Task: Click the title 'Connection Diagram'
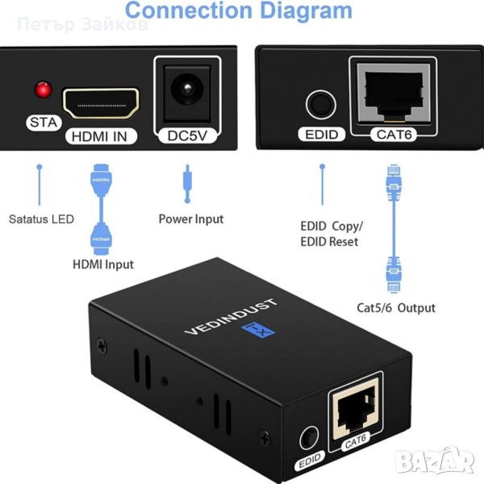(x=239, y=11)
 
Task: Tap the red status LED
(x=40, y=89)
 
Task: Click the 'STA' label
(x=39, y=123)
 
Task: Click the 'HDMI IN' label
(x=100, y=136)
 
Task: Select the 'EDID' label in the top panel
(x=322, y=135)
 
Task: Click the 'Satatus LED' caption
(x=41, y=219)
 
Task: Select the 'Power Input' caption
(x=190, y=219)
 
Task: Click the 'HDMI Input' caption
(x=103, y=264)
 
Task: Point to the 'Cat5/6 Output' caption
(x=396, y=307)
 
